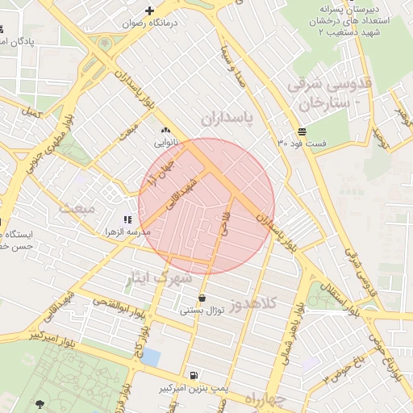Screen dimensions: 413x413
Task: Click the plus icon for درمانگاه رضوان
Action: (x=149, y=10)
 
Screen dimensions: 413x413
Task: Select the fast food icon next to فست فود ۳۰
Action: (x=301, y=131)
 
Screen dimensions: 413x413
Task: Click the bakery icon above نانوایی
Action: (x=166, y=130)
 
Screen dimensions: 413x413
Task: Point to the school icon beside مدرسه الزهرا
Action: (x=126, y=219)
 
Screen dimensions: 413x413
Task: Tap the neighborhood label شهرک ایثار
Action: (x=159, y=278)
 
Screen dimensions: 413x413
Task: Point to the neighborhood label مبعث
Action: (x=77, y=208)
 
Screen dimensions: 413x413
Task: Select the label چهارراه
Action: (x=265, y=400)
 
